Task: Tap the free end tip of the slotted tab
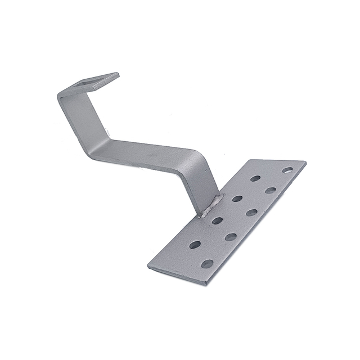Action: tap(116, 75)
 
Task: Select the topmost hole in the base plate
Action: tap(287, 169)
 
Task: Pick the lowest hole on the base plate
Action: tap(207, 263)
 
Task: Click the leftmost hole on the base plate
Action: tap(195, 245)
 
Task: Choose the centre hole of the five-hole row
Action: tap(251, 213)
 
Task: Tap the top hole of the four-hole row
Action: tap(255, 178)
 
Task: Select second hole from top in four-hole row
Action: tap(237, 199)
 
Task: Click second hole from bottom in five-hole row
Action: tap(230, 237)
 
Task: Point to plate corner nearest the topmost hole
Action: tap(305, 164)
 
